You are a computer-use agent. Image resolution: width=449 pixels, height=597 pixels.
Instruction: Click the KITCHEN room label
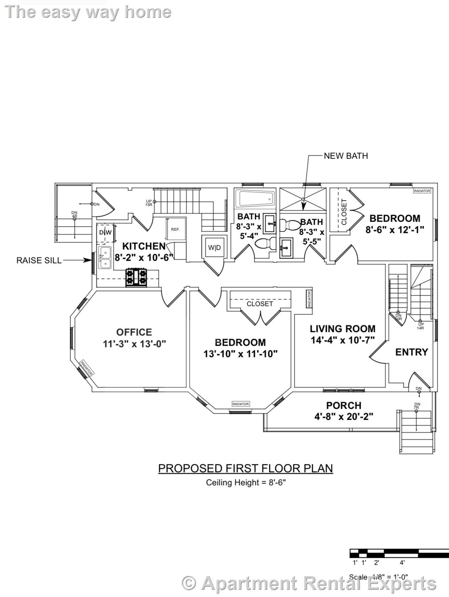tap(144, 246)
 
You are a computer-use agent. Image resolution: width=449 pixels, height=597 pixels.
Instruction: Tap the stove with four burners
tap(136, 277)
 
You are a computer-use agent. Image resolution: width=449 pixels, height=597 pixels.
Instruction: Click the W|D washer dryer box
tap(215, 247)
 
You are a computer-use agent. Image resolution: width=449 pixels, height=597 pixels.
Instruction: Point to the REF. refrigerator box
tap(175, 229)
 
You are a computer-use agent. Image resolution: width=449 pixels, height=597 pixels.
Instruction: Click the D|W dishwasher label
tap(105, 232)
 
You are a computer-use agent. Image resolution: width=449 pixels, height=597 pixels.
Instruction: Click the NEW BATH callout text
tap(346, 156)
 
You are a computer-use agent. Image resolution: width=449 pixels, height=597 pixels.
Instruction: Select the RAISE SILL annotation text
tap(39, 260)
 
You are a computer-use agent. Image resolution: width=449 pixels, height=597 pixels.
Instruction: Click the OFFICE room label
tap(134, 332)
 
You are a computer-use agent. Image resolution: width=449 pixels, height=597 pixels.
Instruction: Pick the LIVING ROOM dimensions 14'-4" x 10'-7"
tap(343, 340)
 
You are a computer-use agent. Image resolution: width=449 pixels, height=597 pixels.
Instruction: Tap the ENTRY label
tap(411, 352)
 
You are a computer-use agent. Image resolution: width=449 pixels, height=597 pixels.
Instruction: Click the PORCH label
tap(344, 405)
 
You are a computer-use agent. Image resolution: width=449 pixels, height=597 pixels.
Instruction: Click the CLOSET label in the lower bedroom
tap(260, 304)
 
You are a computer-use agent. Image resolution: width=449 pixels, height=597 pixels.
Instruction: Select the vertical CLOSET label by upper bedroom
tap(344, 212)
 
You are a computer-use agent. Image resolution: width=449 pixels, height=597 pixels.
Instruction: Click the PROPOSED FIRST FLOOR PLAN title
tap(245, 468)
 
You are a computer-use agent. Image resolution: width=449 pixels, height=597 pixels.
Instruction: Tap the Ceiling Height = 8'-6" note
tap(246, 483)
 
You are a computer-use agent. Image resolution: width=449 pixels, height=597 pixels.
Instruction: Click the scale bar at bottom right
tap(399, 553)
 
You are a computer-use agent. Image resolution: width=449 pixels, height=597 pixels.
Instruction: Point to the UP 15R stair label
tap(149, 203)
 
